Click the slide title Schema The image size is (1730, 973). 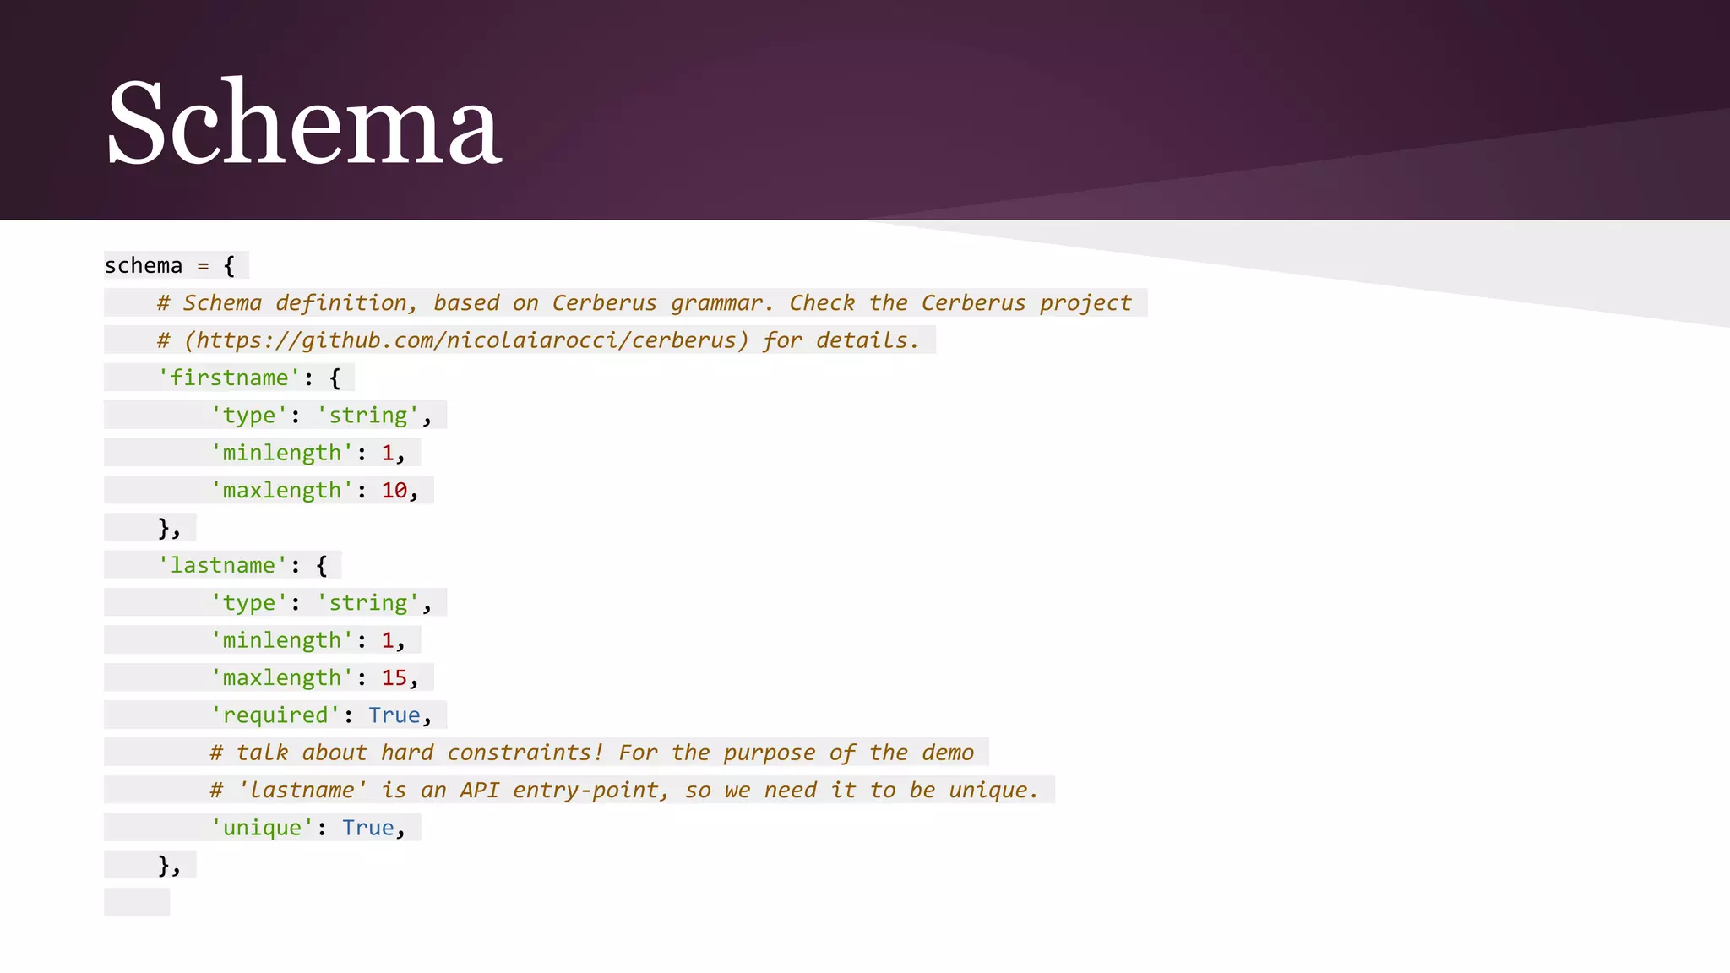(x=303, y=122)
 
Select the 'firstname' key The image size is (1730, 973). (x=229, y=378)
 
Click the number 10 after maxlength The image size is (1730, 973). (x=394, y=491)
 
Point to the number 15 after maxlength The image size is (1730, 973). (x=394, y=678)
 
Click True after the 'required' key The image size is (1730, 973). (x=394, y=715)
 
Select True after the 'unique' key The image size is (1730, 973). (x=367, y=828)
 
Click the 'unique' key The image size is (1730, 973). (x=262, y=828)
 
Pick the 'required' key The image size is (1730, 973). (x=275, y=715)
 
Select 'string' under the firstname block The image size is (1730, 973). (x=367, y=416)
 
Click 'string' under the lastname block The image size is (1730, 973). (x=367, y=603)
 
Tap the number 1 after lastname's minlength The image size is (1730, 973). (x=388, y=640)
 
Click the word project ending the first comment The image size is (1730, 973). (x=1085, y=303)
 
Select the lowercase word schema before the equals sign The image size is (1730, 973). (x=144, y=266)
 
